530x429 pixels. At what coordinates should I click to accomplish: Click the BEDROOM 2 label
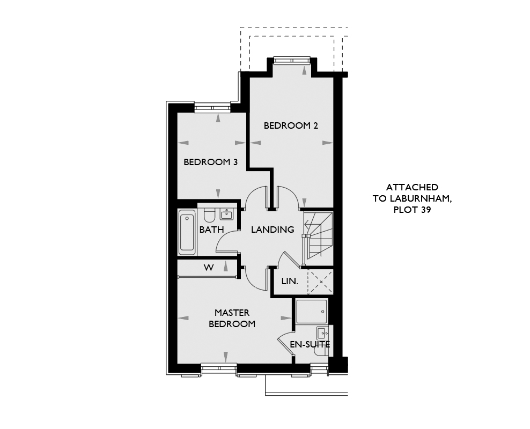click(x=291, y=125)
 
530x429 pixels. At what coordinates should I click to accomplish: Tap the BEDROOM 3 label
click(x=211, y=162)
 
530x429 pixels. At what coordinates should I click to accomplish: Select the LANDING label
click(x=273, y=230)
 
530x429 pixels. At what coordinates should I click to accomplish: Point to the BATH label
click(x=211, y=230)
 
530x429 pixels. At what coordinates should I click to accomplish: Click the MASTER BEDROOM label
click(x=232, y=318)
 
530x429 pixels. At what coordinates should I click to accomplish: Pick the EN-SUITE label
click(x=310, y=345)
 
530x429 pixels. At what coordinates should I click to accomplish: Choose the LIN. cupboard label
click(x=290, y=281)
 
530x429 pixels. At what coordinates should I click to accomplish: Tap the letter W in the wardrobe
click(x=209, y=268)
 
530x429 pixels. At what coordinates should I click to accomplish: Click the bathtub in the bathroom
click(x=187, y=232)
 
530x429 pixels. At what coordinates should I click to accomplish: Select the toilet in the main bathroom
click(x=209, y=214)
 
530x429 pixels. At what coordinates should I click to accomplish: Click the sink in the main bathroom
click(x=226, y=214)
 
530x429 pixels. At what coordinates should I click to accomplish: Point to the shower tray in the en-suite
click(x=311, y=312)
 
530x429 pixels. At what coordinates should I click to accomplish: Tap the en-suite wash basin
click(x=322, y=333)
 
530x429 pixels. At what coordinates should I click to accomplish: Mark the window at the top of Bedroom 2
click(x=292, y=61)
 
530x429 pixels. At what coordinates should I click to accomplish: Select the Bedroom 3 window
click(x=212, y=108)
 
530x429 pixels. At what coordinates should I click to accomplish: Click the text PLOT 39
click(x=412, y=210)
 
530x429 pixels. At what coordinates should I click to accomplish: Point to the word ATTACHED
click(x=412, y=187)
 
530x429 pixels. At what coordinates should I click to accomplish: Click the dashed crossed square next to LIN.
click(x=320, y=282)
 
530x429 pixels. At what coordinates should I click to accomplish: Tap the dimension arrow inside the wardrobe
click(x=226, y=267)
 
